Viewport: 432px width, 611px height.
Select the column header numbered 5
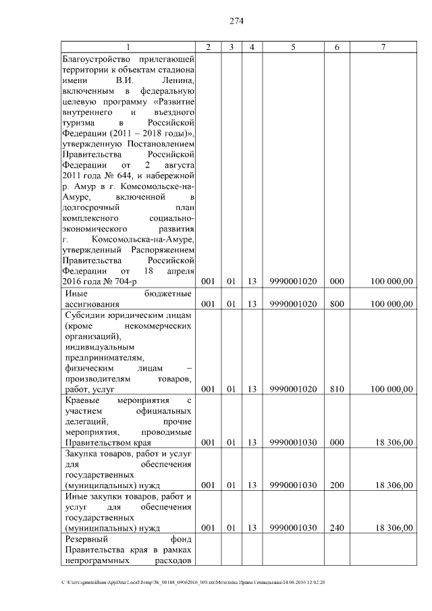pyautogui.click(x=293, y=47)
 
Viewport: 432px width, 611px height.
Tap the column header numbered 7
pyautogui.click(x=383, y=47)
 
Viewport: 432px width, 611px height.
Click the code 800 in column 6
pyautogui.click(x=337, y=304)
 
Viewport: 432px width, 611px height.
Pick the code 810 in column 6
pyautogui.click(x=337, y=389)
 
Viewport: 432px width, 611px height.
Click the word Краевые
pyautogui.click(x=84, y=400)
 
